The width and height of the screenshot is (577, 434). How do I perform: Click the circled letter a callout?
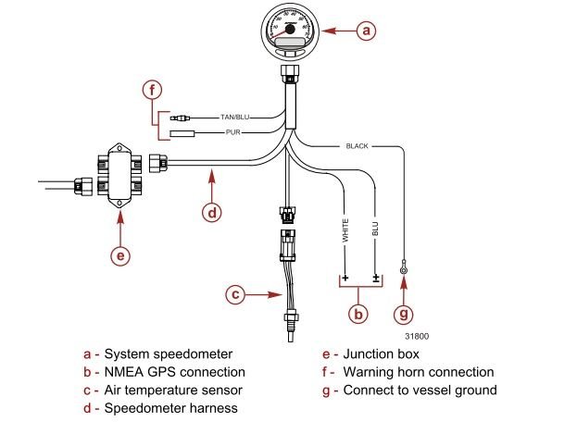click(x=367, y=31)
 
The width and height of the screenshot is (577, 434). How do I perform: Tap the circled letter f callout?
click(x=154, y=91)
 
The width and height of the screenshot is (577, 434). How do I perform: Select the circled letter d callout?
click(x=212, y=212)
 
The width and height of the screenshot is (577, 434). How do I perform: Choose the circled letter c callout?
click(x=236, y=295)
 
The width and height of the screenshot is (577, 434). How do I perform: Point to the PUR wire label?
click(x=235, y=133)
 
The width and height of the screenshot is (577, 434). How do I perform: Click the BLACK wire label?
click(x=357, y=146)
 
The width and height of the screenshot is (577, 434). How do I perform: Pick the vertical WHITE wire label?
click(x=345, y=230)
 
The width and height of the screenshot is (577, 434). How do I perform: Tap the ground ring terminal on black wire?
click(x=405, y=270)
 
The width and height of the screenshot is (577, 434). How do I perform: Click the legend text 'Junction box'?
click(x=381, y=353)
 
